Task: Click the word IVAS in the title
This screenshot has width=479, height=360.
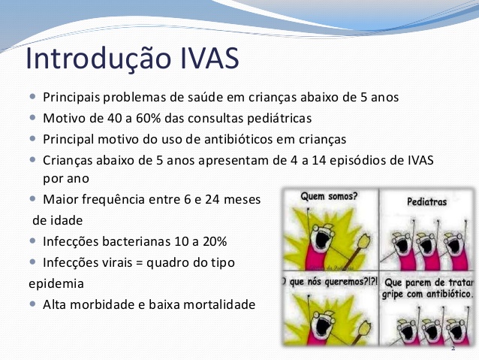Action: tap(209, 58)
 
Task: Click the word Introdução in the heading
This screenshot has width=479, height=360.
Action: tap(98, 59)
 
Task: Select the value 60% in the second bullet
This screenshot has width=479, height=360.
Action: tap(148, 118)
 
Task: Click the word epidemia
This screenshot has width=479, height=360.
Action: tap(56, 284)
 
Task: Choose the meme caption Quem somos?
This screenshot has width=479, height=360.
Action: tap(329, 196)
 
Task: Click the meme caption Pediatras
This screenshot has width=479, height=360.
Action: tap(426, 202)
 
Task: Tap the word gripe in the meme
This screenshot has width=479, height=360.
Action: tap(393, 295)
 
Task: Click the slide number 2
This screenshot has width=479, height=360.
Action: tap(453, 349)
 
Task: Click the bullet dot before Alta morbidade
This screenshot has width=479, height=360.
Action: tap(33, 304)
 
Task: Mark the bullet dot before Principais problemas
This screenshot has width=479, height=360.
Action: tap(33, 97)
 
